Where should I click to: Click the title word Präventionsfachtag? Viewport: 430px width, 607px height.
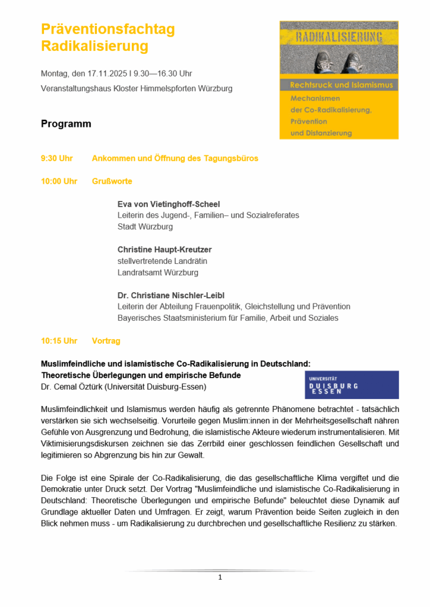(107, 29)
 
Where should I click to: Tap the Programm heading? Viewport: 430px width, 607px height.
(66, 124)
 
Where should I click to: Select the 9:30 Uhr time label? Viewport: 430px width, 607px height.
(56, 158)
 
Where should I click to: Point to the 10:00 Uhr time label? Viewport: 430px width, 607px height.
(59, 181)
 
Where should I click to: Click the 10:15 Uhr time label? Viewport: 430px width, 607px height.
(59, 341)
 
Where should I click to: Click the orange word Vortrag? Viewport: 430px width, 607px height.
(106, 341)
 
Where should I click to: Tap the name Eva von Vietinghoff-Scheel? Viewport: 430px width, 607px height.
(169, 205)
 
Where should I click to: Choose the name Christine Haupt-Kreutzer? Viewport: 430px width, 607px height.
(165, 250)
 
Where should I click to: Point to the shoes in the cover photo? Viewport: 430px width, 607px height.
(339, 61)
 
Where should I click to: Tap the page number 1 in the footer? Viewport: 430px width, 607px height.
(220, 577)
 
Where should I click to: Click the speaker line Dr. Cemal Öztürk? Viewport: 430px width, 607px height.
(124, 387)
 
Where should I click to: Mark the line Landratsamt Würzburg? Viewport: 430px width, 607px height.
(157, 273)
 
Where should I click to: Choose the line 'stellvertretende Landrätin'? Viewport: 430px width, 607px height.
(162, 261)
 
